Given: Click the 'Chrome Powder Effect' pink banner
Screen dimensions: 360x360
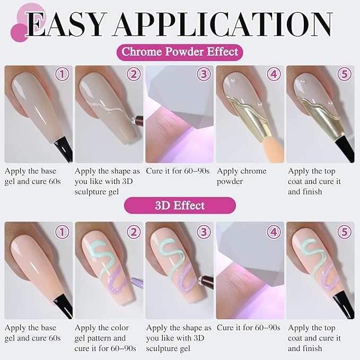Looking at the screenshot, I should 180,52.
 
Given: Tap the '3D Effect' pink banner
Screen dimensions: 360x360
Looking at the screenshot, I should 180,205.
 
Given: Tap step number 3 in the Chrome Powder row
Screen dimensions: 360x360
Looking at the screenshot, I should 204,75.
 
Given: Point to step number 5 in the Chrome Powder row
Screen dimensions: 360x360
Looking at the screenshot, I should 345,75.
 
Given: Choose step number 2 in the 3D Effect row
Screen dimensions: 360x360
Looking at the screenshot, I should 133,232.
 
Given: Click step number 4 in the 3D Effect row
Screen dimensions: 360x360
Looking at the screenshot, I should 274,232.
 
